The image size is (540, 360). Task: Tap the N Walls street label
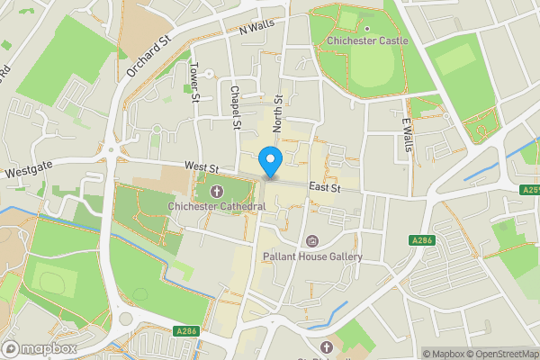click(256, 29)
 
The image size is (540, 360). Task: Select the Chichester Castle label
click(367, 40)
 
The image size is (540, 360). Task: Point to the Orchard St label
click(149, 57)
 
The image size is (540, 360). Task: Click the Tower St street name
click(193, 82)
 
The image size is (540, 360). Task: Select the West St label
click(202, 167)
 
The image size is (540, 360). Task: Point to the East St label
click(323, 187)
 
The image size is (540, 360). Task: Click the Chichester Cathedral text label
click(216, 207)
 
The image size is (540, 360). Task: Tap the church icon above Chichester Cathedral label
click(216, 192)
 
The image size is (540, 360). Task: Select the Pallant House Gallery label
click(312, 256)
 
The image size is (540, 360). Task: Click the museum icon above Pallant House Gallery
click(312, 241)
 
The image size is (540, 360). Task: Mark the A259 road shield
click(530, 190)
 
